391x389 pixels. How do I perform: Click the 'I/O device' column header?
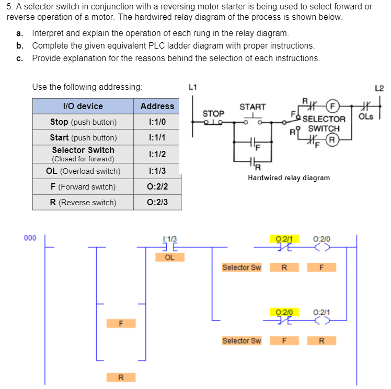coord(83,106)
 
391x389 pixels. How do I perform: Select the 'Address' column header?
coord(157,106)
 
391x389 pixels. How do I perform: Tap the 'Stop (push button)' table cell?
coord(83,122)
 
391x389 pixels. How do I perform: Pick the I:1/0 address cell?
coord(157,122)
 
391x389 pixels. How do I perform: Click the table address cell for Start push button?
coord(157,138)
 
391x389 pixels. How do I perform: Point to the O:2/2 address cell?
coord(157,186)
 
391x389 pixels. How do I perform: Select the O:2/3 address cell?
coord(157,202)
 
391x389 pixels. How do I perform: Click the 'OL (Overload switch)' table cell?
coord(83,171)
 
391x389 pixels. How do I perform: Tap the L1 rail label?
coord(192,87)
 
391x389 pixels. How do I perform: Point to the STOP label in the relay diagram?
coord(213,113)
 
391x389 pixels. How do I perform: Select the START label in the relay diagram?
coord(252,107)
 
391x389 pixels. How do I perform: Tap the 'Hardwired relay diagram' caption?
coord(289,178)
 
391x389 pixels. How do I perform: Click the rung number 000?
coord(30,238)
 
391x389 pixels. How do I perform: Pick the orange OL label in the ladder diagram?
coord(170,257)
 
